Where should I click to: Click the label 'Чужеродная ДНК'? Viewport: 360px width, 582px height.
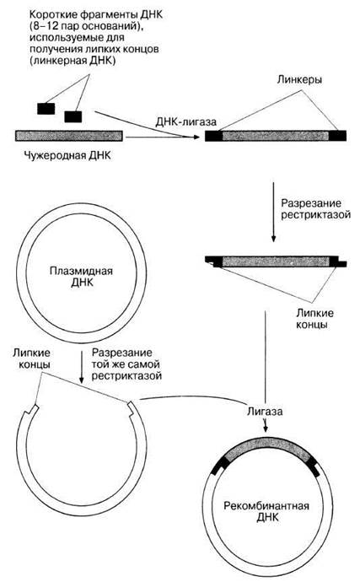coord(67,155)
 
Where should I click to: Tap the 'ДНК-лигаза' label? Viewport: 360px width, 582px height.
coord(185,121)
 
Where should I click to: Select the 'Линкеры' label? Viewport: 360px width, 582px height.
coord(299,80)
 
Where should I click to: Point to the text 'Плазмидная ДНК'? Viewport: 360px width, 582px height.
coord(81,277)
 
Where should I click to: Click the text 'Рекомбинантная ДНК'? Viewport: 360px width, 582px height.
coord(266,511)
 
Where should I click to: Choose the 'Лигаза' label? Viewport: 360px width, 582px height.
coord(265,412)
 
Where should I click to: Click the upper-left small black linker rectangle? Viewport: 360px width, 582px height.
coord(46,109)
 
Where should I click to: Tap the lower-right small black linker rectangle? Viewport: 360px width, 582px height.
coord(73,116)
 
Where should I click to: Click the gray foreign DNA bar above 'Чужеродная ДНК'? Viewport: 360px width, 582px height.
coord(69,136)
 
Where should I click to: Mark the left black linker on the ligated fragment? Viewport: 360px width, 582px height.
coord(214,136)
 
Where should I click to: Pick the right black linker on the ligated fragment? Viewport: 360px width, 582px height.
coord(337,136)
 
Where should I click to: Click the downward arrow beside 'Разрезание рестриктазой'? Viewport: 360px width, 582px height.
coord(273,212)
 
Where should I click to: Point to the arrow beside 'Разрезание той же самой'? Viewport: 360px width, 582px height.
coord(82,367)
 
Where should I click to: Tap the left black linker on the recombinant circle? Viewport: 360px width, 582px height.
coord(220,466)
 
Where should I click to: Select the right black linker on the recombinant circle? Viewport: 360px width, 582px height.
coord(314,467)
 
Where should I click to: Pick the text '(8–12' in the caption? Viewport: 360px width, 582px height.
coord(41,26)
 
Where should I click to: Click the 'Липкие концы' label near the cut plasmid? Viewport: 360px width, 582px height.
coord(32,358)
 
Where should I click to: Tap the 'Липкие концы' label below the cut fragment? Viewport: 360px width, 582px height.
coord(314,319)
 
